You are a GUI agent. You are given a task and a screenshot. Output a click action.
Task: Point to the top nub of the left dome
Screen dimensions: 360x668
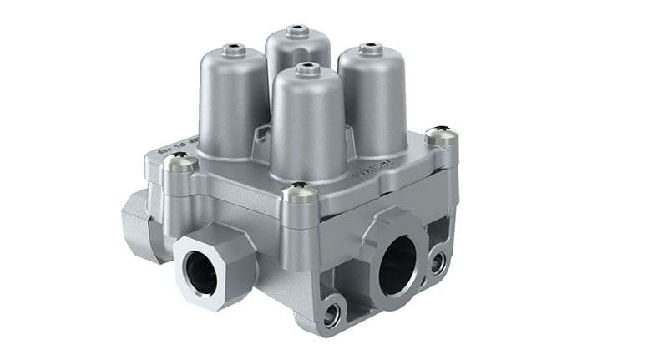(233, 50)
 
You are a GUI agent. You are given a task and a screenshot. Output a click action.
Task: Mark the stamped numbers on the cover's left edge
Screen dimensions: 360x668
(172, 144)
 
